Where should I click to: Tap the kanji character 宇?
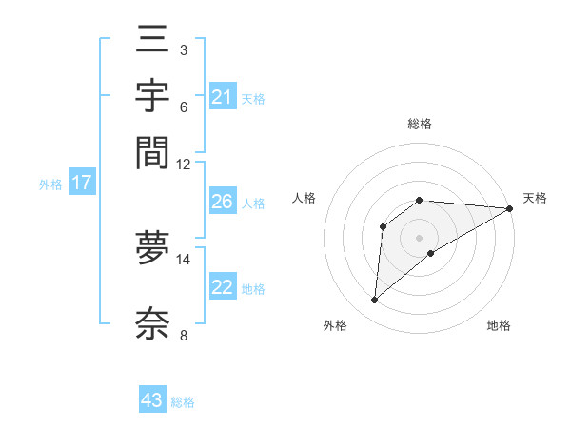(152, 97)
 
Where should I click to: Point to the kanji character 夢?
(152, 248)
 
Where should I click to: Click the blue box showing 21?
(223, 97)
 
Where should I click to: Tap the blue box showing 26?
(223, 203)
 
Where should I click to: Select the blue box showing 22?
(223, 288)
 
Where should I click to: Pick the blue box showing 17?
(81, 184)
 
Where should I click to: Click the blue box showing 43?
(152, 400)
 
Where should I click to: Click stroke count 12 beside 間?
(184, 164)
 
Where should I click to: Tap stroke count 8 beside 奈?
(183, 335)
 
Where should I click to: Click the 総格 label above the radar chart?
(419, 124)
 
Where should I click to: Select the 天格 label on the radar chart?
(535, 198)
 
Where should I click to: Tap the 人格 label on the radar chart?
(305, 198)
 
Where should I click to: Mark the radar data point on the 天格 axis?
(509, 208)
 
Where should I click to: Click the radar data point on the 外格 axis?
(374, 301)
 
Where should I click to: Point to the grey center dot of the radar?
(419, 238)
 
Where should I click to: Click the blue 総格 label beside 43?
(183, 402)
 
